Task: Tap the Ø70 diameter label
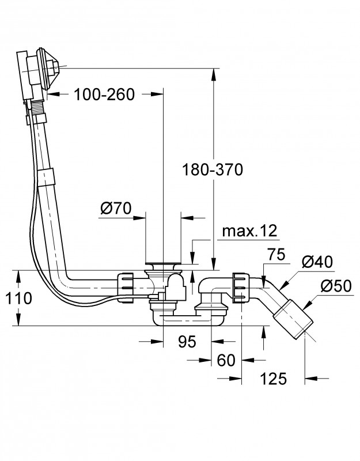116,208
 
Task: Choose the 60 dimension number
226,360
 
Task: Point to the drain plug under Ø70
164,266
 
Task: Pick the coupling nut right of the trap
239,286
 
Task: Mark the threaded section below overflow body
36,108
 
